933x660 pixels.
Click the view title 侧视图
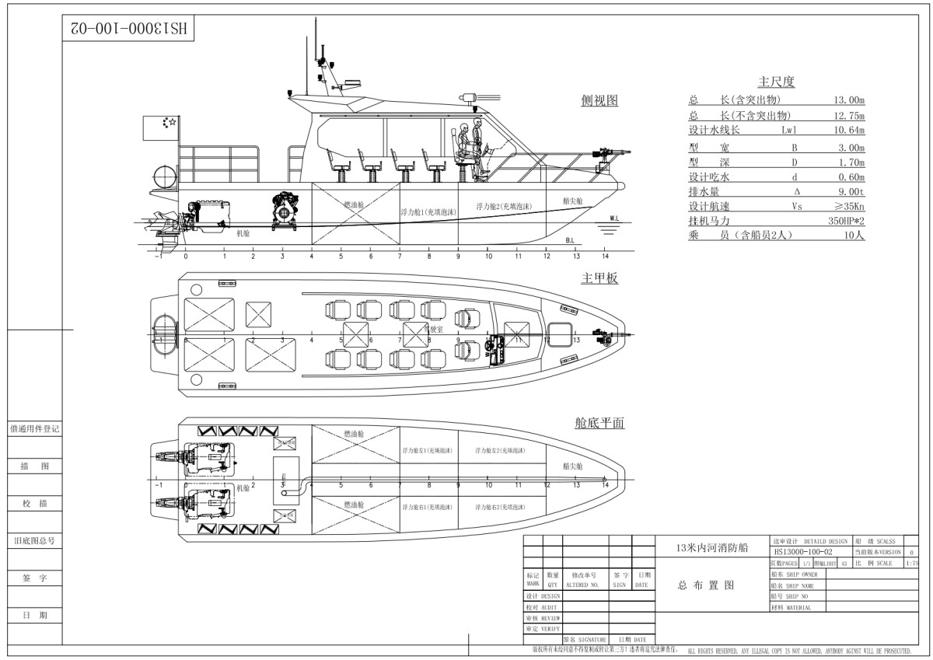tap(599, 101)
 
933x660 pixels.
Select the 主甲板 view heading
tap(599, 278)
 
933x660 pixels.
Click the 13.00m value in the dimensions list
tap(849, 100)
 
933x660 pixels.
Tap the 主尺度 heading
tap(776, 82)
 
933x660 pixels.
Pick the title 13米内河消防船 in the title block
tap(711, 547)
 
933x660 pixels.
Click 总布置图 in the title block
tap(705, 585)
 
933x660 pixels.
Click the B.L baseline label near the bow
tap(570, 240)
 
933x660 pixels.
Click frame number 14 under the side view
tap(606, 256)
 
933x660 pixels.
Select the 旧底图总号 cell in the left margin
tap(34, 540)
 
